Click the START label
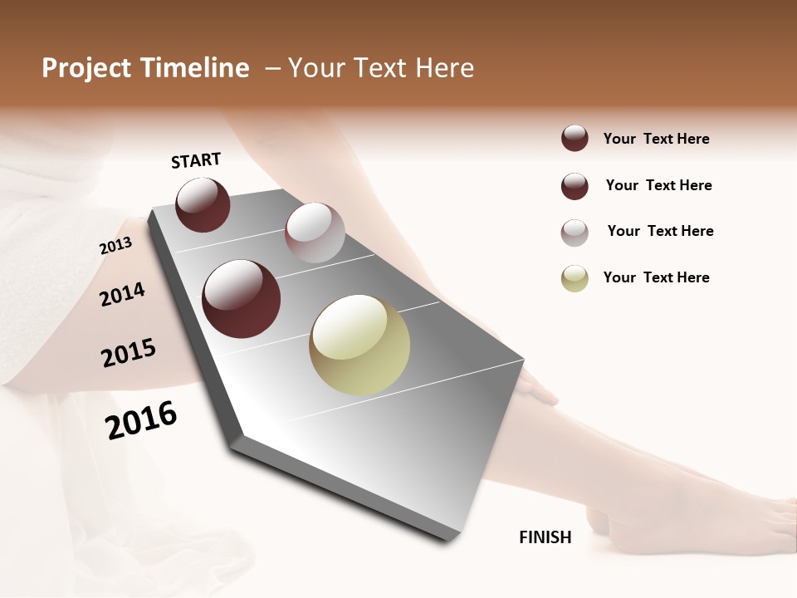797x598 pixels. click(196, 160)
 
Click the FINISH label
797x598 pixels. click(545, 537)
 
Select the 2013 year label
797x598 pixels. click(115, 246)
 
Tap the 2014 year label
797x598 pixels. click(122, 294)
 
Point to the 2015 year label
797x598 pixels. click(129, 353)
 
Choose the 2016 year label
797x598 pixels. click(141, 420)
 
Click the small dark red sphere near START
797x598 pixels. click(203, 204)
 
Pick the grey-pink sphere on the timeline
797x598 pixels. click(315, 232)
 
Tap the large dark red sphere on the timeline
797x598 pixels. click(242, 299)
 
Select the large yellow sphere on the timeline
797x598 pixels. click(359, 345)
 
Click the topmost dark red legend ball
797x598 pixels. click(575, 139)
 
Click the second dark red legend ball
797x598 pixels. click(575, 186)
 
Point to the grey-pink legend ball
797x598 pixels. click(575, 233)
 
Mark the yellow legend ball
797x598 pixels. click(575, 279)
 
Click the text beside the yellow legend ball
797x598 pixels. click(656, 277)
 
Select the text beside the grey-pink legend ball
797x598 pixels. click(660, 231)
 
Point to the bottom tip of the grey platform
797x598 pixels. click(448, 541)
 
